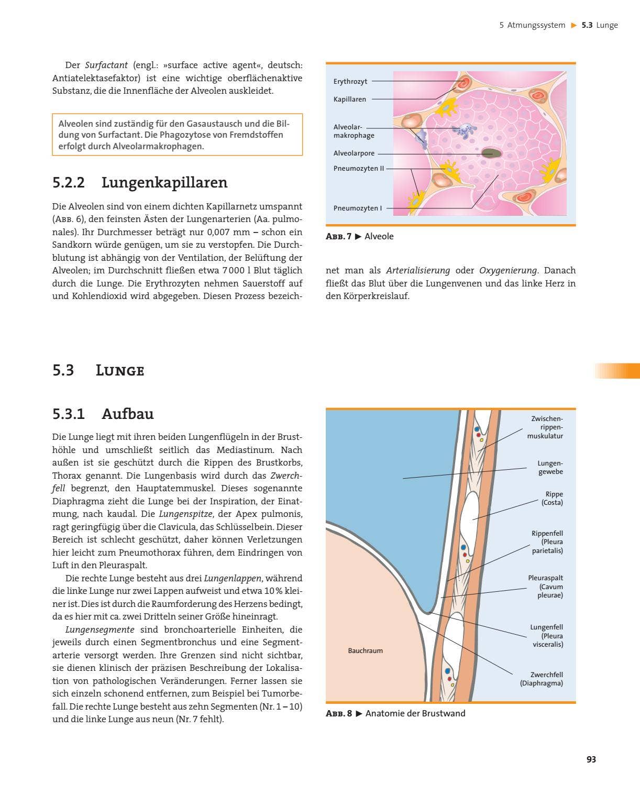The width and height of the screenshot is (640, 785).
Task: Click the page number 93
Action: tap(591, 759)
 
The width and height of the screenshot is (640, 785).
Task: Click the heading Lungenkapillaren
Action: tap(164, 183)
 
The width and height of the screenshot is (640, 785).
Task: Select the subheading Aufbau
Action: tap(127, 414)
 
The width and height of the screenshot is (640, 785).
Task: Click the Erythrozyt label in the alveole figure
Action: tap(350, 81)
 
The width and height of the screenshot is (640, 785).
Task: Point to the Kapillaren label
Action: tap(350, 99)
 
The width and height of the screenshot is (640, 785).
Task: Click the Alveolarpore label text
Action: tap(354, 153)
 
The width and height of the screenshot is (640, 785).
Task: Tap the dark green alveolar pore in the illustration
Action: tap(491, 153)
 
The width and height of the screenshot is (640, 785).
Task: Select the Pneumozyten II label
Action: tap(359, 169)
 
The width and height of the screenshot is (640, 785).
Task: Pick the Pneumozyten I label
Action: tap(358, 208)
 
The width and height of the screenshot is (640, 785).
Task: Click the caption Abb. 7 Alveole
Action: tap(360, 236)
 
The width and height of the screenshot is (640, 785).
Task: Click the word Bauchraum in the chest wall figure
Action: tap(365, 650)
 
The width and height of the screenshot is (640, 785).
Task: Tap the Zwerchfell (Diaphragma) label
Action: tap(542, 679)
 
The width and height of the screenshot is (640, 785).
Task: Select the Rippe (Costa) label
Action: tap(552, 498)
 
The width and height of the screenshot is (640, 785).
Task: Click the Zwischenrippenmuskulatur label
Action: tap(545, 427)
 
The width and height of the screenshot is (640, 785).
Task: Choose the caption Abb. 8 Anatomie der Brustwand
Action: tap(395, 713)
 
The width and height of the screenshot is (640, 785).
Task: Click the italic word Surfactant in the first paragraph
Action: tap(106, 65)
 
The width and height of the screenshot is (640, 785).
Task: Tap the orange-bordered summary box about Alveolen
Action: tap(177, 135)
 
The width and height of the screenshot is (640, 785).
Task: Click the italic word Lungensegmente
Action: tap(100, 629)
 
